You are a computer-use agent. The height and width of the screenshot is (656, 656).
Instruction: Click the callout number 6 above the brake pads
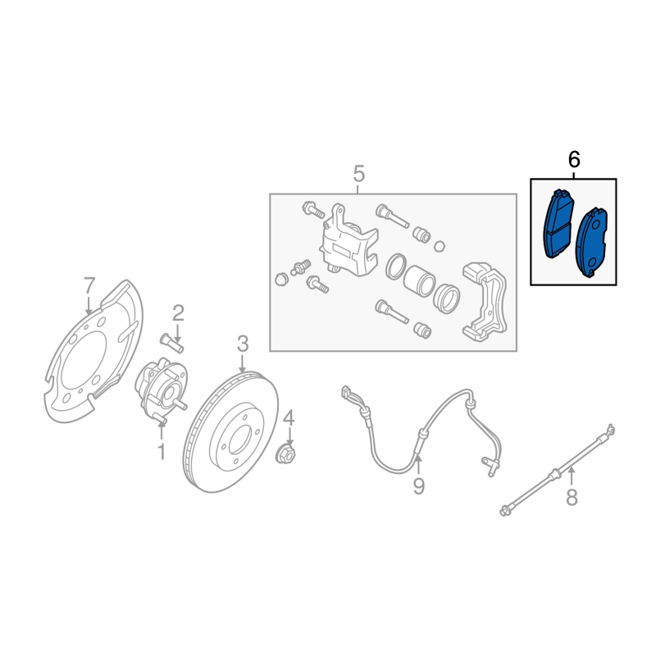click(574, 160)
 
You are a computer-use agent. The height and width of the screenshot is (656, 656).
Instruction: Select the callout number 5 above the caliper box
click(359, 174)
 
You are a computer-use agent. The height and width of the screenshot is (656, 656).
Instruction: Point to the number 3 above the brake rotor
click(243, 344)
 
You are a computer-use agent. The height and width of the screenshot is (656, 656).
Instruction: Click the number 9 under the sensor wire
click(419, 485)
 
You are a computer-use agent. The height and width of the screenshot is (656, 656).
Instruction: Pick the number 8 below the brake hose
click(572, 498)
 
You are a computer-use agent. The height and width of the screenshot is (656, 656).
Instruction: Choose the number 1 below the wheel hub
click(162, 452)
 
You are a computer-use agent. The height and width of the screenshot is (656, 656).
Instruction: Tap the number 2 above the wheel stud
click(178, 313)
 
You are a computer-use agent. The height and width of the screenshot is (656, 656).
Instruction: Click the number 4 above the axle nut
click(289, 418)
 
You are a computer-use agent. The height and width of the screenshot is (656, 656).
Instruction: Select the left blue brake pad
click(558, 225)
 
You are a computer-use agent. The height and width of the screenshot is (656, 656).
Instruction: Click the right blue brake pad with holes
click(591, 243)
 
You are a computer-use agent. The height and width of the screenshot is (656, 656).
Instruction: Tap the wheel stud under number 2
click(171, 343)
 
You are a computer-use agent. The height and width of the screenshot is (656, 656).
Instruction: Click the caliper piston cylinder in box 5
click(418, 280)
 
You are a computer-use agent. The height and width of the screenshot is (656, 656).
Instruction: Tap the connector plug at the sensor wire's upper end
click(346, 393)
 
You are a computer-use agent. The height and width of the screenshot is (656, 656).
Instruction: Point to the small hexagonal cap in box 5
click(439, 245)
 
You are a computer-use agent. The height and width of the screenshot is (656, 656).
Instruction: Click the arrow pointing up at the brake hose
click(572, 477)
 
